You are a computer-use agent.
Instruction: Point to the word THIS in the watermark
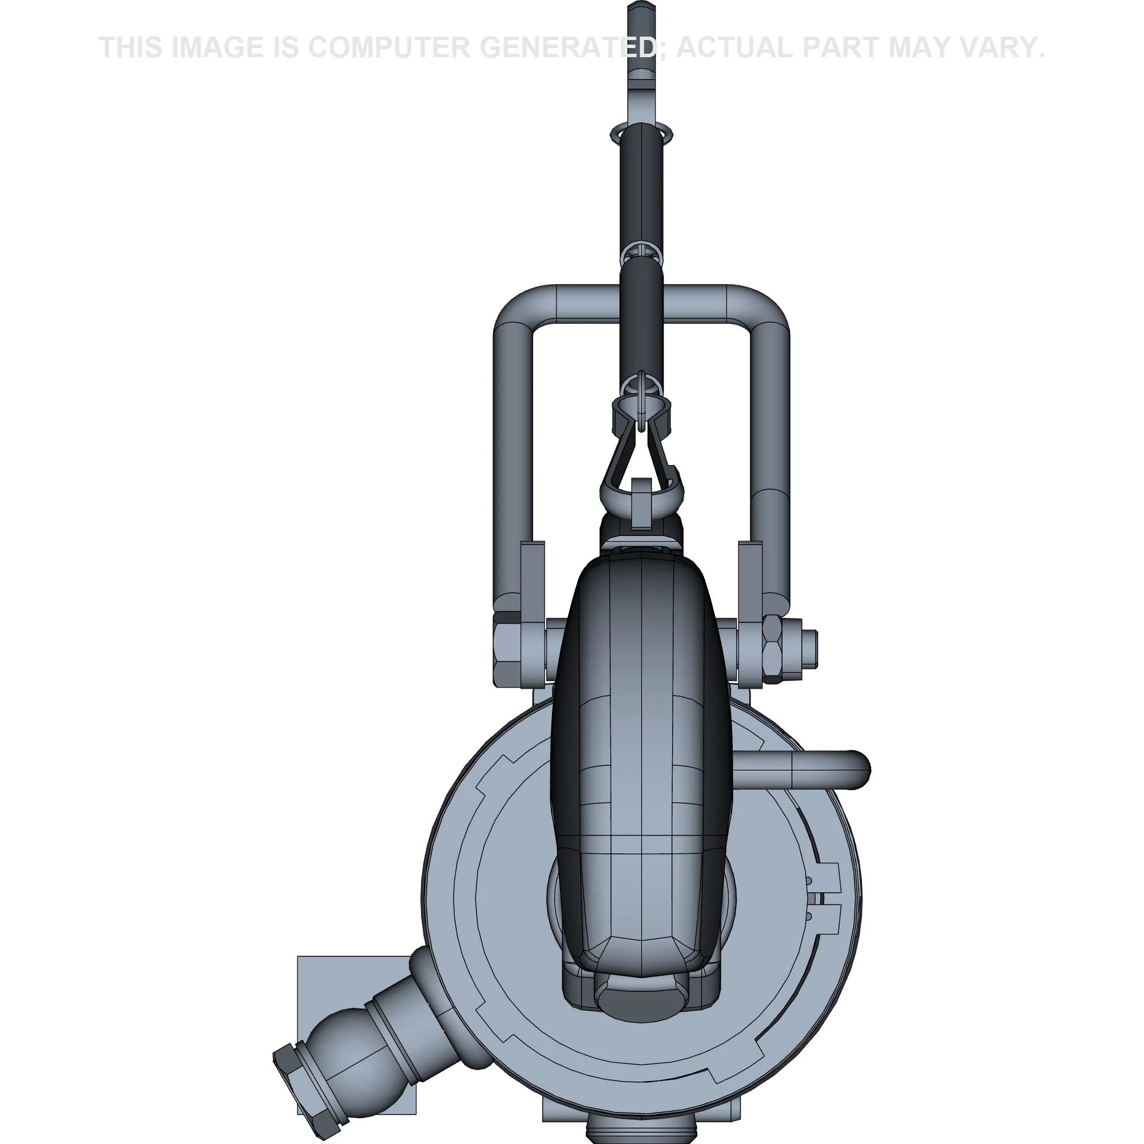(131, 47)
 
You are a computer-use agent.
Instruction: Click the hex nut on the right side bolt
(772, 650)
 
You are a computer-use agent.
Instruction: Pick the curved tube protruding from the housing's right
(829, 770)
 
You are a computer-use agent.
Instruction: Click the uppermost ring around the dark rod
(642, 133)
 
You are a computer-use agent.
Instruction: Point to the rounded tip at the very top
(642, 9)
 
